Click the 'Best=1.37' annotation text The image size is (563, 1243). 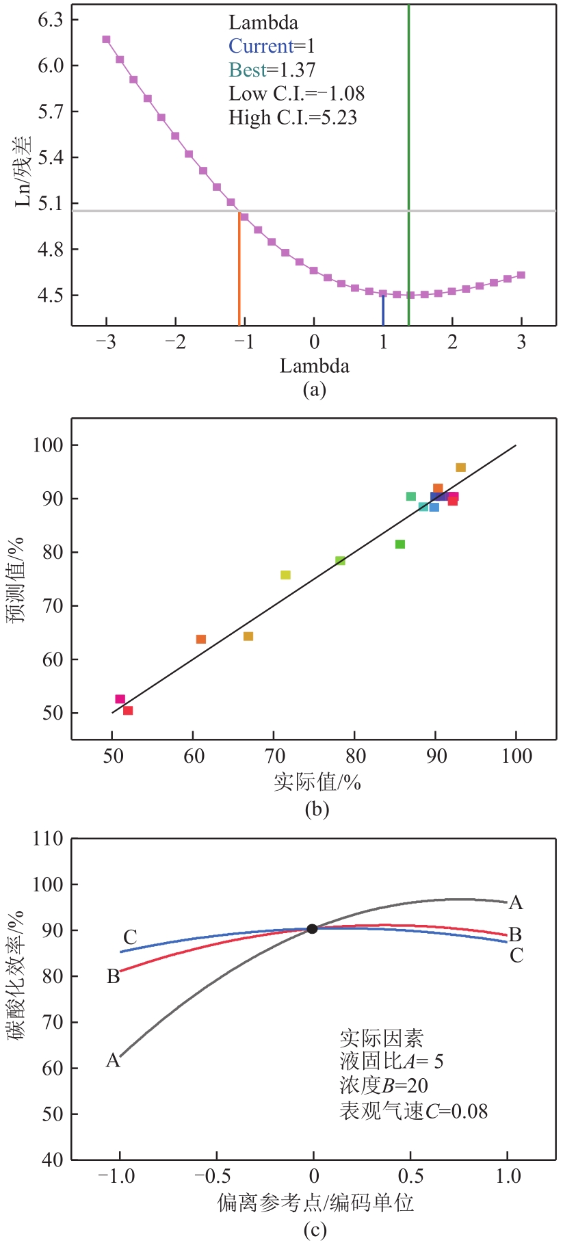coord(272,70)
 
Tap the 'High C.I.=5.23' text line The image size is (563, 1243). coord(293,118)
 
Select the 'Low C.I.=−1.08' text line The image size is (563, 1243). coord(296,94)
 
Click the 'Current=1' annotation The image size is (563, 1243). coord(272,46)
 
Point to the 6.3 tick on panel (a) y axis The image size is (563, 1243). coord(50,20)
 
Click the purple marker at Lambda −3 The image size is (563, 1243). coord(106,40)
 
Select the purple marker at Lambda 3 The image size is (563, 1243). coord(521,275)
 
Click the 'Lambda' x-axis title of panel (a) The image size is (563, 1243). coord(314,366)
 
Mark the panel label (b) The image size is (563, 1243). coord(316,809)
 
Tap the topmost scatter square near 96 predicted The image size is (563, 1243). coord(460,468)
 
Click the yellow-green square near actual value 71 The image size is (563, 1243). coord(285,575)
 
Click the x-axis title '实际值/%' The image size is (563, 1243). coord(317,781)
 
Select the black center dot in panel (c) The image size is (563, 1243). coord(312,929)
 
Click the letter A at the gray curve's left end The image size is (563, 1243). coord(113,1061)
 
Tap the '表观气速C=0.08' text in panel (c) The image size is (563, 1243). coord(414,1112)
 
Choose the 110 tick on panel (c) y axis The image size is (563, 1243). coord(47,839)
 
